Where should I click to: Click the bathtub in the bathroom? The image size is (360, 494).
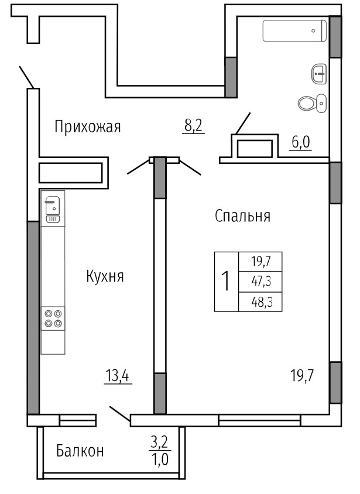(x=294, y=30)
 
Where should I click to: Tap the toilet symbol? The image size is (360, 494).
(x=312, y=102)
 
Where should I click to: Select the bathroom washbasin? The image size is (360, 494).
(x=319, y=74)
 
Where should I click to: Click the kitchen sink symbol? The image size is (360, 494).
(x=53, y=209)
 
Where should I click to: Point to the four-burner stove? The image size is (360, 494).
(x=53, y=318)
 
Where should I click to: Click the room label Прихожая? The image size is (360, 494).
(x=88, y=127)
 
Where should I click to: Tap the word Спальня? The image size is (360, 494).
(x=242, y=216)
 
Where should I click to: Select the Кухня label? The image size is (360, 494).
(x=105, y=276)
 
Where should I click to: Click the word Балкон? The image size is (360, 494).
(x=80, y=451)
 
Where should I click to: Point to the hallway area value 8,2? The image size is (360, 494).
(x=193, y=126)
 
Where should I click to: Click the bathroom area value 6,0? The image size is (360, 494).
(x=301, y=142)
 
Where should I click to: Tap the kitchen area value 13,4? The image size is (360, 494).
(x=118, y=376)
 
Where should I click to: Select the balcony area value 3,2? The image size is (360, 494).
(x=160, y=442)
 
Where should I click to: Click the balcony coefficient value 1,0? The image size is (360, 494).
(x=160, y=459)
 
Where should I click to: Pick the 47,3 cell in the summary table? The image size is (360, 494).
(x=261, y=282)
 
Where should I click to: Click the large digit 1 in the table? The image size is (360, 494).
(x=226, y=282)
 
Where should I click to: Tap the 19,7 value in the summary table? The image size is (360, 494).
(x=261, y=262)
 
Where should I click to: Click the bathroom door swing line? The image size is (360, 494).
(x=243, y=123)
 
